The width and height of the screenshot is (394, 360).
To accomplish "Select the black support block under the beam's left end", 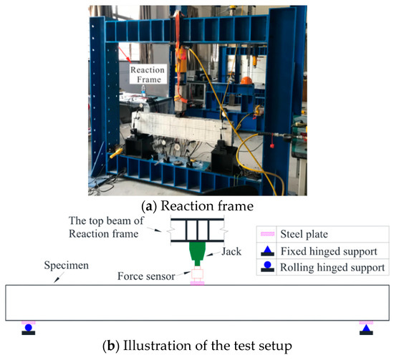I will tap(139, 147).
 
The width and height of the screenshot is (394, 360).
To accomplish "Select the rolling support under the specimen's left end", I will tap(29, 329).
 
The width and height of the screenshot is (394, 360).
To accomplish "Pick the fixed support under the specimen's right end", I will tap(366, 329).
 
